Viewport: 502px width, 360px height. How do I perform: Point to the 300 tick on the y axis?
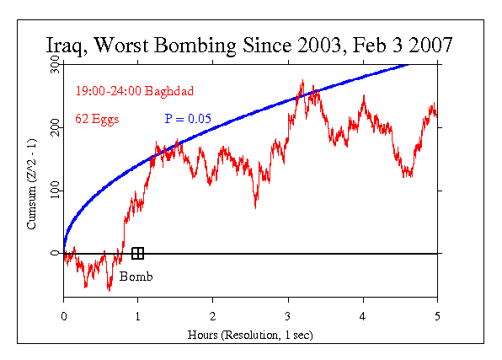click(x=53, y=65)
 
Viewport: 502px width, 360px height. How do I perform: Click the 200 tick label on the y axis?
click(x=53, y=127)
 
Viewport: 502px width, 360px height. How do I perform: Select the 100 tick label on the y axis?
click(x=53, y=191)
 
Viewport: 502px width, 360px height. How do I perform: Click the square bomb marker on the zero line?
click(x=138, y=253)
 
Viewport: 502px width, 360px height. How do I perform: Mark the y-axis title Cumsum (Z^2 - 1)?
click(x=31, y=180)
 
